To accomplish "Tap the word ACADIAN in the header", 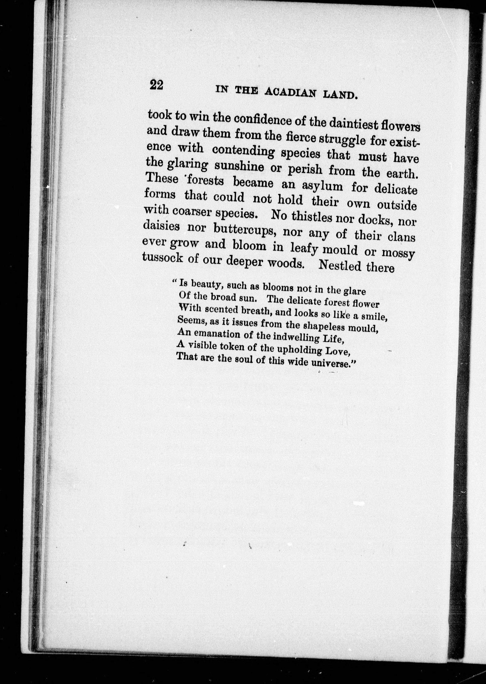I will point(290,93).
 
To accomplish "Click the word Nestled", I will point(340,265).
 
